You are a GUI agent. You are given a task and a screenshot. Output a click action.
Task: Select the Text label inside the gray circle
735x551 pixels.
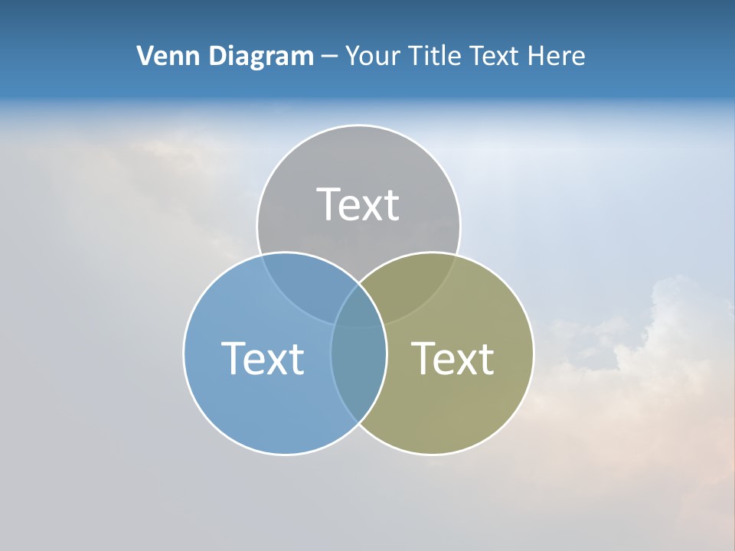pyautogui.click(x=358, y=204)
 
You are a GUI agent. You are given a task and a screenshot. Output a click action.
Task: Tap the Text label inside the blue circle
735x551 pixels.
pyautogui.click(x=263, y=358)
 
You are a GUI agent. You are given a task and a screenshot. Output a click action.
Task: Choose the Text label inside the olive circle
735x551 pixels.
pyautogui.click(x=452, y=358)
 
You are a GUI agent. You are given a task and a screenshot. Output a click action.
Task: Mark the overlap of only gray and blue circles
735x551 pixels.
pyautogui.click(x=302, y=283)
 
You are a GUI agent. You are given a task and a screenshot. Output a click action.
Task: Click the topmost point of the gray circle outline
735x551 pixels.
pyautogui.click(x=358, y=125)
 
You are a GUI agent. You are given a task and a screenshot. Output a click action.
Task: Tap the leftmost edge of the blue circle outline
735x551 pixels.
pyautogui.click(x=184, y=353)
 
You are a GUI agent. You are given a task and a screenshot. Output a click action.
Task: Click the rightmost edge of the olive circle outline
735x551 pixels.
pyautogui.click(x=534, y=353)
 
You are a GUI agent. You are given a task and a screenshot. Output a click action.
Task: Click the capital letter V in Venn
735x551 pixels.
pyautogui.click(x=144, y=56)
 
